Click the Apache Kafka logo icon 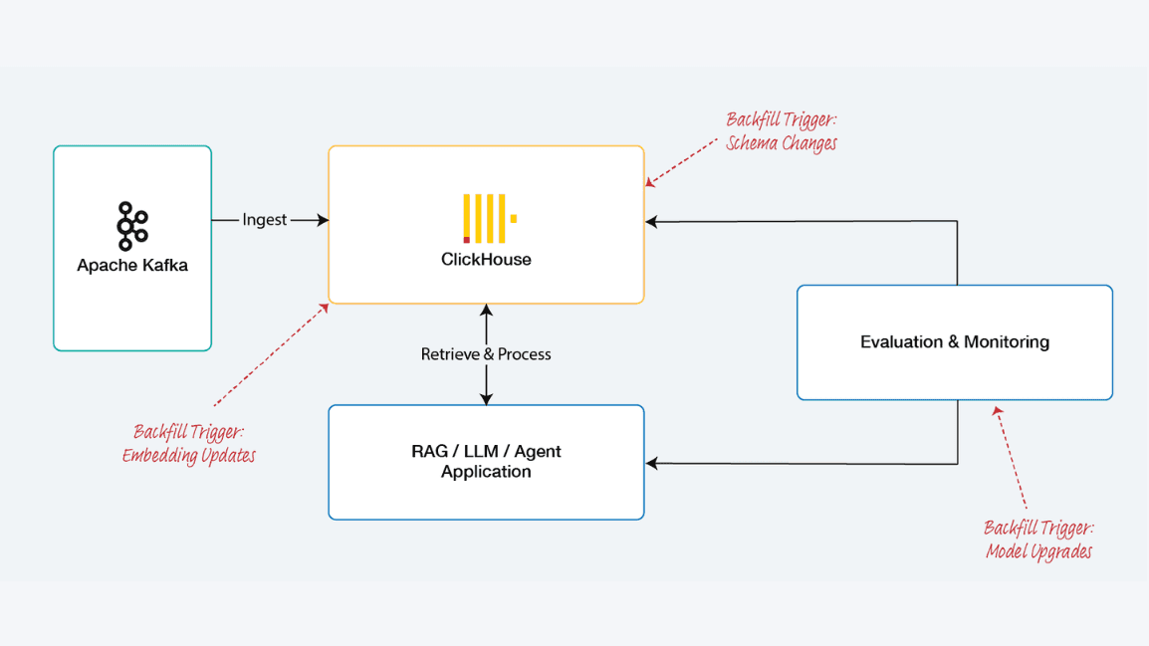click(x=132, y=226)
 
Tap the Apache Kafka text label click(x=132, y=266)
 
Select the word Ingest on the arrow click(x=265, y=220)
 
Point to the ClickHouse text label click(x=486, y=260)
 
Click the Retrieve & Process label click(x=486, y=354)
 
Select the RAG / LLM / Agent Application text click(x=486, y=462)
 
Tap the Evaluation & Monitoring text click(x=954, y=342)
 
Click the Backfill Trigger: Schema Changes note click(x=782, y=132)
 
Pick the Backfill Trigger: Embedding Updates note click(x=189, y=444)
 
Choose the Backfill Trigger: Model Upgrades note click(x=1038, y=539)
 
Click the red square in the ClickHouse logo click(x=467, y=240)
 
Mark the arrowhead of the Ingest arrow click(x=323, y=220)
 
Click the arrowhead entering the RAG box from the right click(x=651, y=463)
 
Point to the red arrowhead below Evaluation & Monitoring click(x=997, y=410)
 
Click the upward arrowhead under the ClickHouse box click(x=486, y=311)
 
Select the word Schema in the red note click(x=753, y=143)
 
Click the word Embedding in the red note click(x=161, y=456)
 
